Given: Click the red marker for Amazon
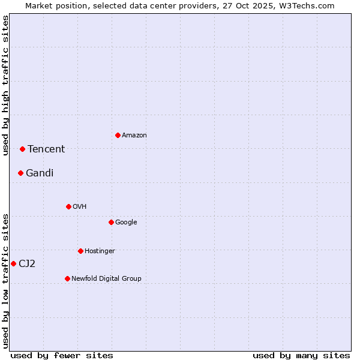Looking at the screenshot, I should pyautogui.click(x=118, y=135).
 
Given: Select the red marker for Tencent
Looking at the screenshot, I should pyautogui.click(x=22, y=149).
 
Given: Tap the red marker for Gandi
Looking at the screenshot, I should pyautogui.click(x=20, y=173).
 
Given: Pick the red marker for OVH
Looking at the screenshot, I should pyautogui.click(x=68, y=206).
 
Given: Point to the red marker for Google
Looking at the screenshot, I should pyautogui.click(x=111, y=222).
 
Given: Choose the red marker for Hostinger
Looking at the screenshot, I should pyautogui.click(x=80, y=251).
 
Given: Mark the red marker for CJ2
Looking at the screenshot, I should pyautogui.click(x=13, y=263).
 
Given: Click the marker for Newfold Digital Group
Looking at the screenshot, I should pyautogui.click(x=67, y=278).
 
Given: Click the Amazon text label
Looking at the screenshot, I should pyautogui.click(x=134, y=136).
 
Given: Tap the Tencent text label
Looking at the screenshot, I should pyautogui.click(x=46, y=149).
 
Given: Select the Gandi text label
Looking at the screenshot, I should pyautogui.click(x=40, y=173).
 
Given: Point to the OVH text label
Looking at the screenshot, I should pyautogui.click(x=80, y=207).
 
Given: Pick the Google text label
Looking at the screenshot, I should pyautogui.click(x=126, y=223).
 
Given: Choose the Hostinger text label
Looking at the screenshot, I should pyautogui.click(x=100, y=251).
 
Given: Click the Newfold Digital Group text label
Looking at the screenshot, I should pyautogui.click(x=106, y=278).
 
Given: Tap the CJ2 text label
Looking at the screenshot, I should pyautogui.click(x=27, y=264).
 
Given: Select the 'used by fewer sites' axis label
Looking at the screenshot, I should pyautogui.click(x=62, y=355).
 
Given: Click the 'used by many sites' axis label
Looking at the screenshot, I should pyautogui.click(x=301, y=355).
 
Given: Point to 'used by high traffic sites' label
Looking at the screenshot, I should pyautogui.click(x=5, y=85).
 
